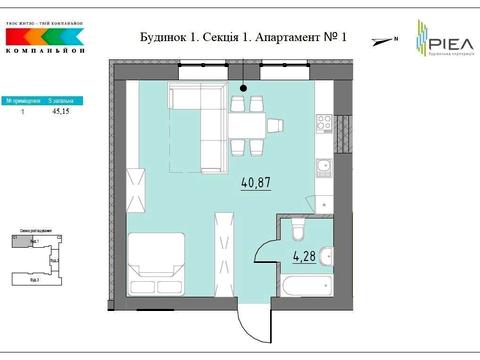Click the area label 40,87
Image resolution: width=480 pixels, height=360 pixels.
click(255, 183)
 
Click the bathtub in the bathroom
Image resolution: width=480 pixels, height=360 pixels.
click(303, 287)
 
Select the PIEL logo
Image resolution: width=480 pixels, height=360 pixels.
click(431, 39)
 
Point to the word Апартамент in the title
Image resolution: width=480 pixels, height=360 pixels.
click(286, 38)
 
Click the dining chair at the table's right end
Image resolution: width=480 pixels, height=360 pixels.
click(273, 125)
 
